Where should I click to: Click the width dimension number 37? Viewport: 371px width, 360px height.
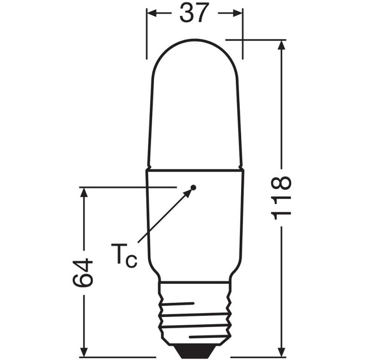pos(194,14)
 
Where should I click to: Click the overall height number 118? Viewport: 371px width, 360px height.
pos(281,197)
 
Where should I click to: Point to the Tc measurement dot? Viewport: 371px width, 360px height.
pos(194,187)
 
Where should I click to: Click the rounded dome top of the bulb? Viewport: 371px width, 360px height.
pos(194,51)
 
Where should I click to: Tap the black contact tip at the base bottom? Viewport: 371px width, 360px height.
pos(194,348)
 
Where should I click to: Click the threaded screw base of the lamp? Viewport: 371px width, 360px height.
pos(194,315)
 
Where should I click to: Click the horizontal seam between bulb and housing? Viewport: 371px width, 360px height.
pos(194,169)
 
